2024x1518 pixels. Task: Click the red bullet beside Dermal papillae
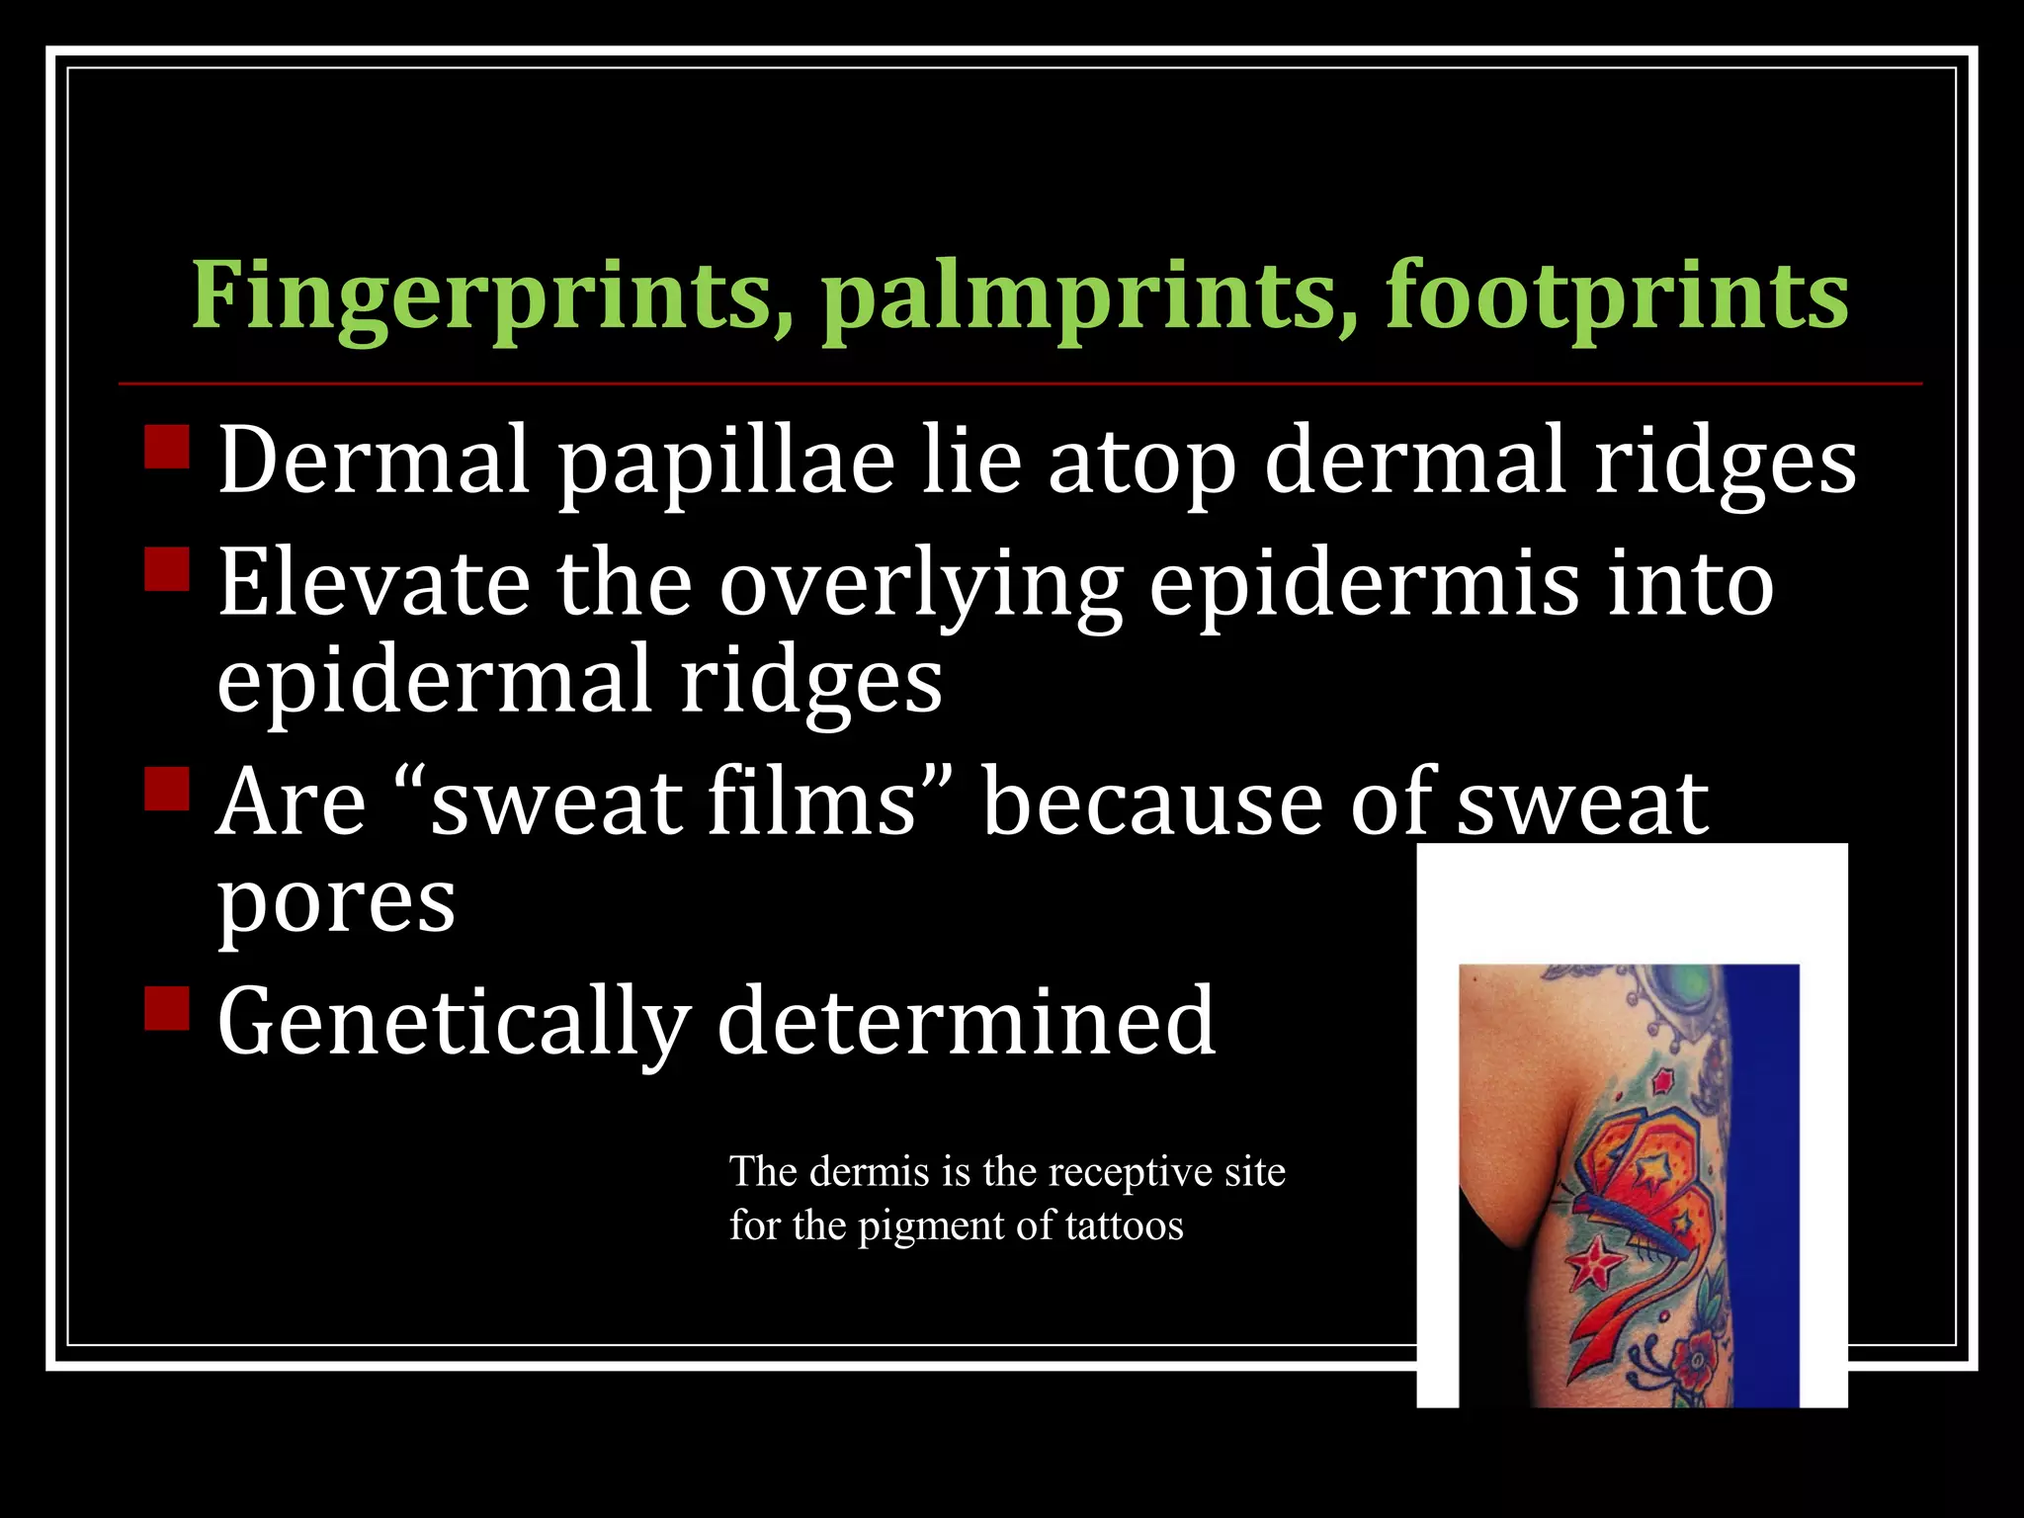click(x=166, y=447)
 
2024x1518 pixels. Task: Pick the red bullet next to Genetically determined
click(x=166, y=1008)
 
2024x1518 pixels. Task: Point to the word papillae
click(x=726, y=461)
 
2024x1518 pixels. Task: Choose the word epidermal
click(x=435, y=682)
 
